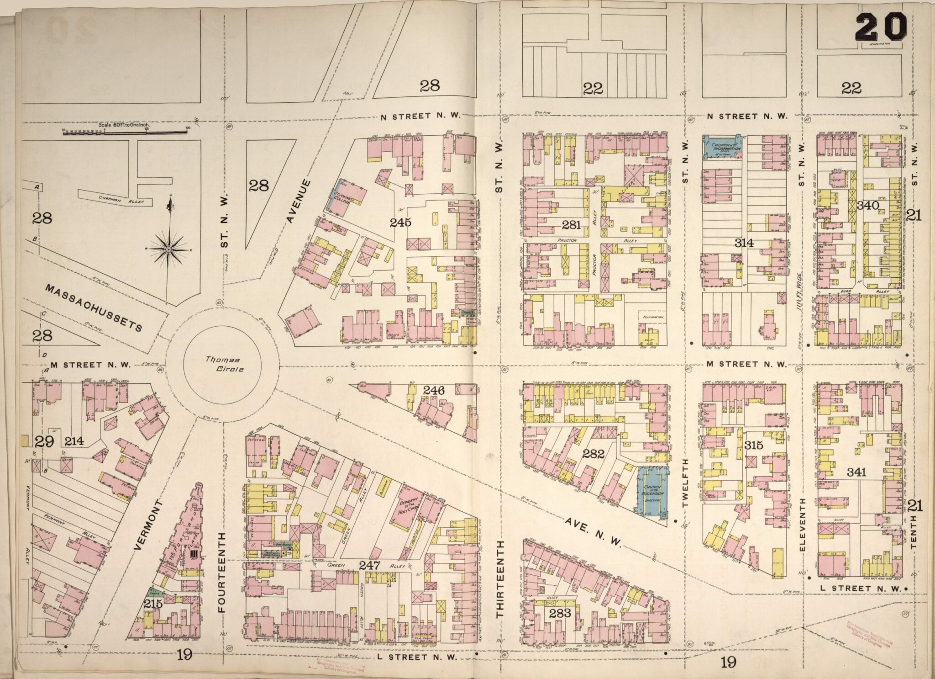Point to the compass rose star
coord(168,249)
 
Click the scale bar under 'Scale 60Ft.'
coord(125,132)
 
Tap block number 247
coord(369,565)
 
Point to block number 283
coord(560,613)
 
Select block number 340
coord(867,206)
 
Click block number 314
coord(744,243)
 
